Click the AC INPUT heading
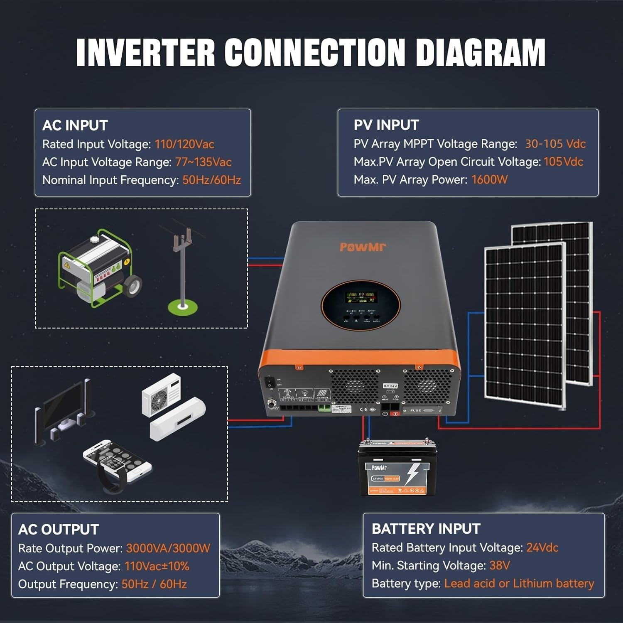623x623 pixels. [75, 125]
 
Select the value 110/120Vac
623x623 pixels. [184, 144]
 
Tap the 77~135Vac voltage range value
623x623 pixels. [203, 162]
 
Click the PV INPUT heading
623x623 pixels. [386, 125]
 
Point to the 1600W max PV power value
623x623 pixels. [489, 179]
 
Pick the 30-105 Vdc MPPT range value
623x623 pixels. [555, 144]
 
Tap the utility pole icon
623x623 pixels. [183, 270]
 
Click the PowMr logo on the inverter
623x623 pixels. [363, 247]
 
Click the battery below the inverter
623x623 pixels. [397, 468]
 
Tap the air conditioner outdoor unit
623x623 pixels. [162, 395]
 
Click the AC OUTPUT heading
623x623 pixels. [59, 530]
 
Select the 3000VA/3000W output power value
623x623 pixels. [168, 548]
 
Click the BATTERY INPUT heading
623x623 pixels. [426, 529]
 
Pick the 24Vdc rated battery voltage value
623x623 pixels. [542, 547]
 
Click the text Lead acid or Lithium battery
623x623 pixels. [519, 583]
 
